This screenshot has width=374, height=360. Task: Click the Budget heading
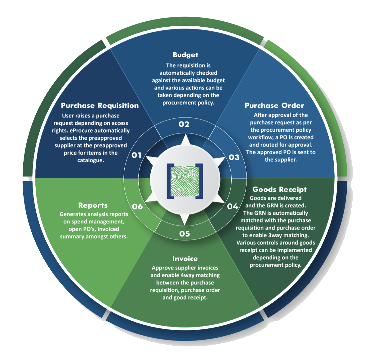185,55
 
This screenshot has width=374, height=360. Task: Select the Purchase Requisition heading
100,106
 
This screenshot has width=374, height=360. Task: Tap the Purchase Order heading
274,106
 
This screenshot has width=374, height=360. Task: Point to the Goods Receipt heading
279,189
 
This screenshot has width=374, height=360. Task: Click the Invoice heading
185,259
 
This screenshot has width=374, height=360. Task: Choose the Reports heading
93,205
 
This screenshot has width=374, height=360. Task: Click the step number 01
136,155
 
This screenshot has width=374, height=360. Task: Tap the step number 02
184,124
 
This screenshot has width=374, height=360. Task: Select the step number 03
234,157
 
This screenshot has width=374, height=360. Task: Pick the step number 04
233,206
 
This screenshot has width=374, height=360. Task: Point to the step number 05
185,234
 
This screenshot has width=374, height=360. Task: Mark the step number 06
137,206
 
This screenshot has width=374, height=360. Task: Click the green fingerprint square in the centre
185,181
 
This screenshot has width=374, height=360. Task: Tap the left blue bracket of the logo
169,181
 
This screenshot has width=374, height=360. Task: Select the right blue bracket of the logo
201,181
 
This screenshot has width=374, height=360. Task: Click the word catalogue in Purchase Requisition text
91,160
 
